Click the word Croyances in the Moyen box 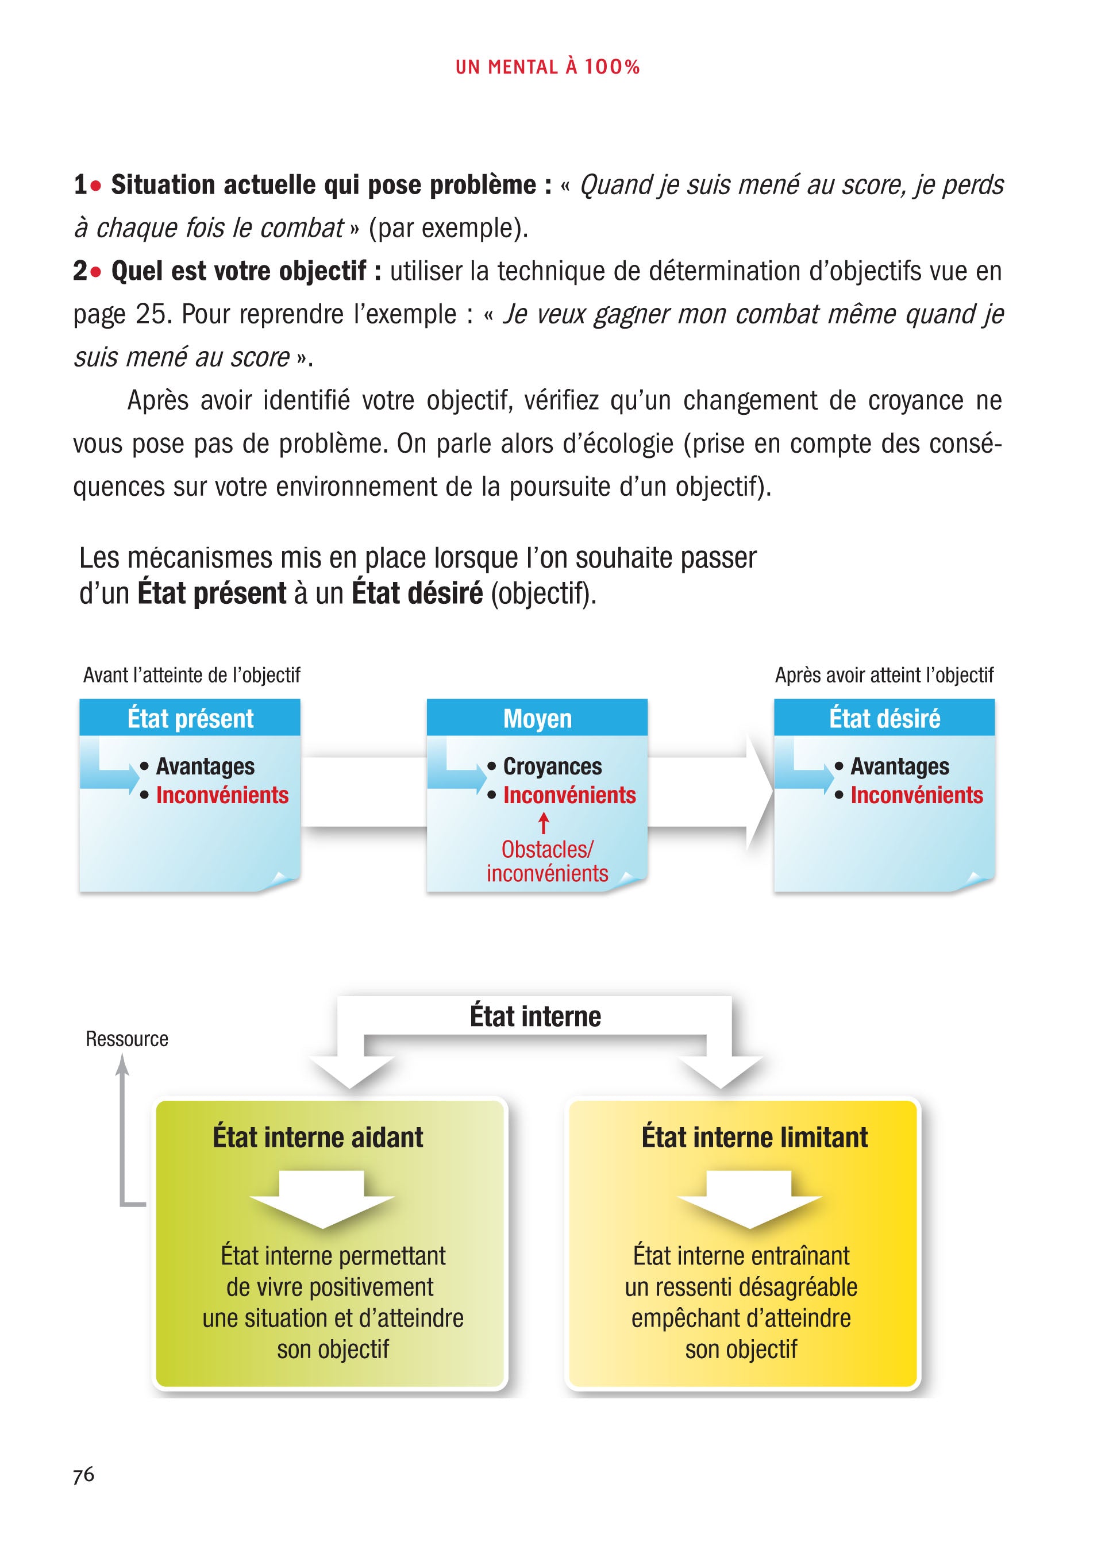pos(552,766)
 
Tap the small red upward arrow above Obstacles pos(543,823)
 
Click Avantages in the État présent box pos(205,766)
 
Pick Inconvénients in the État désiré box pos(916,795)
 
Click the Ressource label pos(127,1039)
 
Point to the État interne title pos(535,1016)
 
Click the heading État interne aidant pos(318,1137)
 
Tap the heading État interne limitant pos(754,1137)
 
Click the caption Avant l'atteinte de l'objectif pos(191,675)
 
